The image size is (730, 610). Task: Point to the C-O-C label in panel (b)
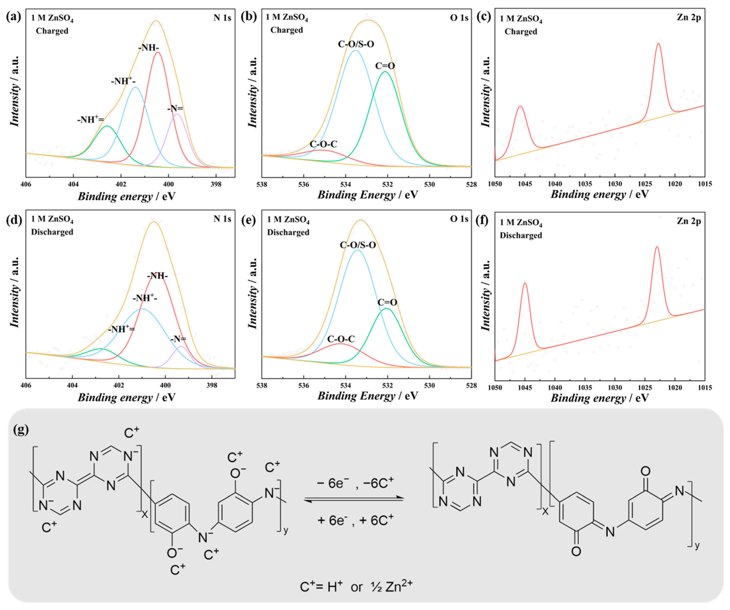(x=323, y=144)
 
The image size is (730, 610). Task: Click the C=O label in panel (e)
(x=387, y=302)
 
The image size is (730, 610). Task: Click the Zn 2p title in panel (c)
(x=689, y=17)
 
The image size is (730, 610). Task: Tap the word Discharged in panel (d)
(x=52, y=232)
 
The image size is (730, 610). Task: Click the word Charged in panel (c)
(x=521, y=32)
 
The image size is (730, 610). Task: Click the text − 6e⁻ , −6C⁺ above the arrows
(x=355, y=483)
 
